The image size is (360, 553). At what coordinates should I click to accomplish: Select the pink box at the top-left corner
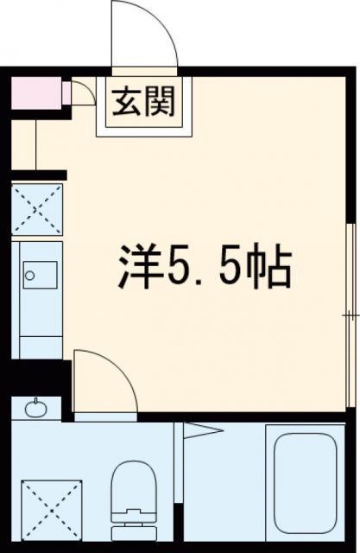point(37,90)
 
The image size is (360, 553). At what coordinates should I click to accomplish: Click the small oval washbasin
point(35,408)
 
